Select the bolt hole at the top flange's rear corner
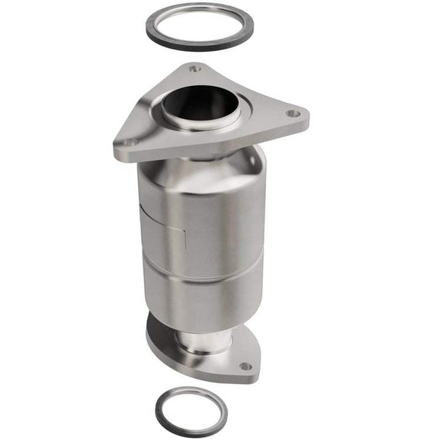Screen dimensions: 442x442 click(194, 69)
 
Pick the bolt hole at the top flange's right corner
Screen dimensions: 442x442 click(290, 114)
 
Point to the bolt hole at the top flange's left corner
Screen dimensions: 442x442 click(132, 142)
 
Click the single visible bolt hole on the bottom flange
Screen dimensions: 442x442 click(244, 366)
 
